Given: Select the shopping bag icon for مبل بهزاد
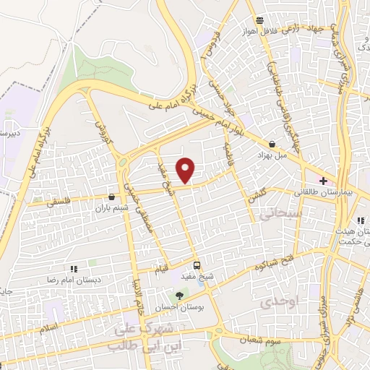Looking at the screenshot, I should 272,144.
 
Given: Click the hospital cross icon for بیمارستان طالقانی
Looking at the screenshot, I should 323,180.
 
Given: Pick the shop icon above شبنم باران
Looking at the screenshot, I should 111,197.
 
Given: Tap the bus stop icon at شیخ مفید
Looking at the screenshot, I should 197,265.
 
